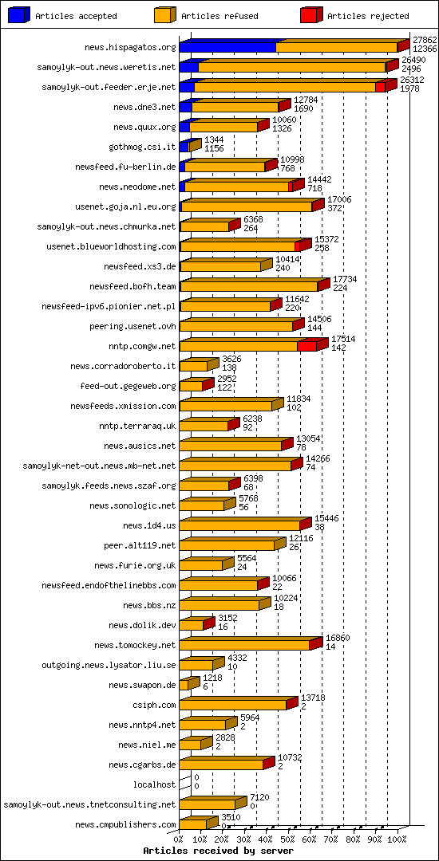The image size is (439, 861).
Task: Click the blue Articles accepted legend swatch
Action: pos(19,15)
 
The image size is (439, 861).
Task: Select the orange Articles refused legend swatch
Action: pos(166,15)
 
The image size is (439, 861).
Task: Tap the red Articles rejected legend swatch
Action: pos(312,15)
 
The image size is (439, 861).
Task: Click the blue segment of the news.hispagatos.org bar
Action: pos(227,48)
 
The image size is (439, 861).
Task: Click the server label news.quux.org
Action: pos(144,127)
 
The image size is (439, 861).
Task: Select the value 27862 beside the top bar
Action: pos(425,39)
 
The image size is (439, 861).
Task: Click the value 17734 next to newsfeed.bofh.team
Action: pos(345,278)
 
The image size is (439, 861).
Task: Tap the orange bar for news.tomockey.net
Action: pos(244,645)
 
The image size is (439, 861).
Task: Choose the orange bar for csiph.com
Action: pos(232,705)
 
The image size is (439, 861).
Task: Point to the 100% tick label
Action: pos(397,839)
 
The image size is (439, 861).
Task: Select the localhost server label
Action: pos(154,784)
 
